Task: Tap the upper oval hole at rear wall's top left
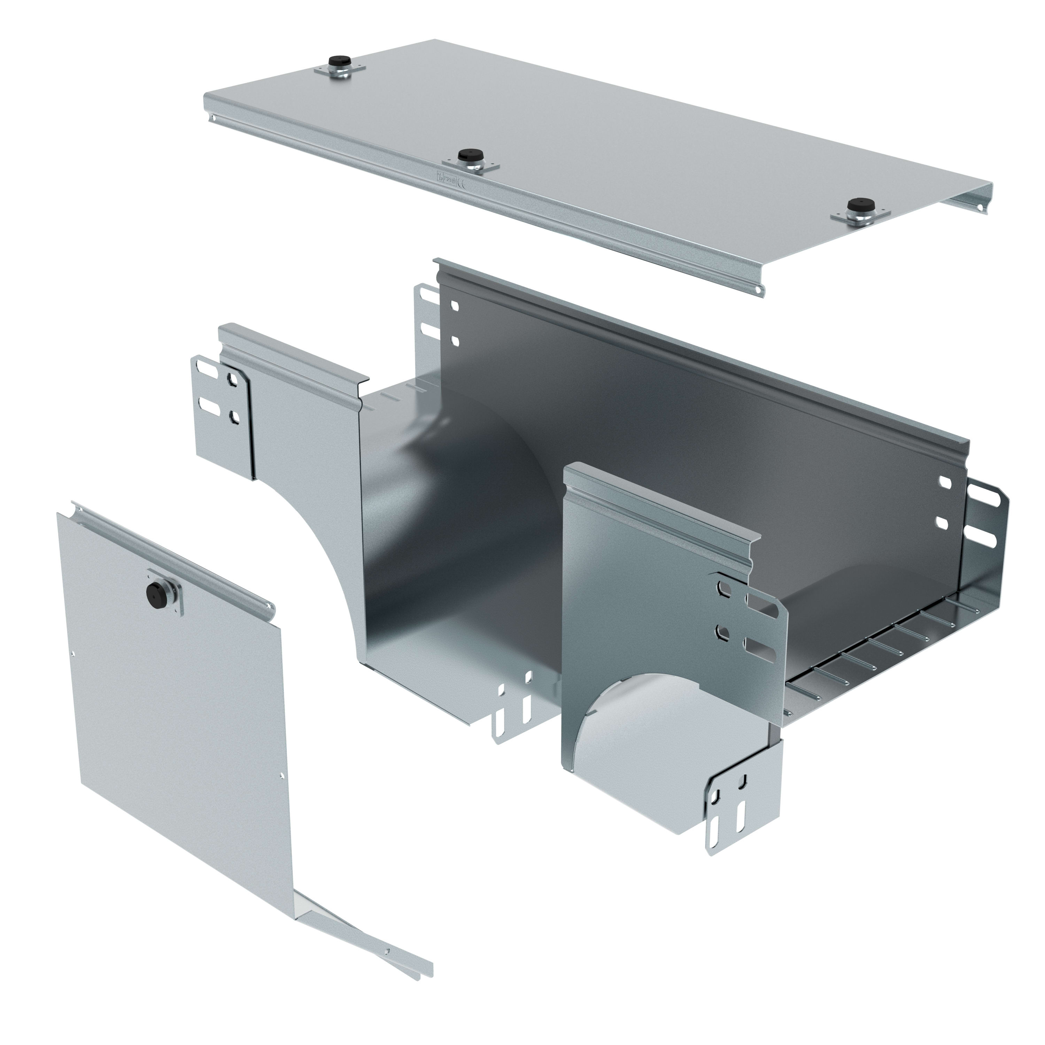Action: [x=454, y=306]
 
